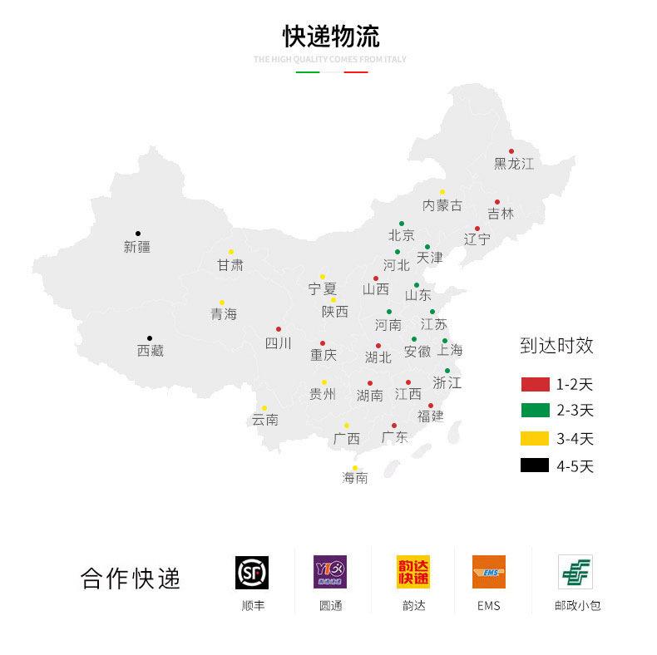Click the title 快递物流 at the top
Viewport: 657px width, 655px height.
pos(330,37)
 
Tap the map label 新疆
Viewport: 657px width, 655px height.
pos(137,247)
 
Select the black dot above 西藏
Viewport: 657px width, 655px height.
pos(150,338)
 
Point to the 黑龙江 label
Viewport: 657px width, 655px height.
pos(514,164)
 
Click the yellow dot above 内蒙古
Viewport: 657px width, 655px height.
pos(442,192)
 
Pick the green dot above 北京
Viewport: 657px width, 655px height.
pos(401,224)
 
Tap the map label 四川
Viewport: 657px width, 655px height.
pos(278,343)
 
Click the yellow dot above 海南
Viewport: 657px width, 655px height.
pos(354,467)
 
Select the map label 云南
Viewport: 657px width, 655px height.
pos(265,420)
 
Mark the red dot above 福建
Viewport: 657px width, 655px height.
pos(431,406)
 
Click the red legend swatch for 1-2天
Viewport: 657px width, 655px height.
pos(535,384)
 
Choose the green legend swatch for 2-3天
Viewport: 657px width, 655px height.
pos(535,410)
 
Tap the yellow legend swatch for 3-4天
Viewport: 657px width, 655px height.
pos(535,438)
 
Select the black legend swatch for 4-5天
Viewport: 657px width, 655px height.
pos(535,465)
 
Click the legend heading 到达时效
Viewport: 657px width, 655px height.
pos(556,347)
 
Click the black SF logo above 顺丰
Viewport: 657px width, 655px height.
pos(252,572)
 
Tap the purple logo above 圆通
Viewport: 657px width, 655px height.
pos(330,572)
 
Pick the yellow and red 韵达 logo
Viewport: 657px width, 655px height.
pos(413,572)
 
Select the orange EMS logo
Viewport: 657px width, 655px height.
pos(489,572)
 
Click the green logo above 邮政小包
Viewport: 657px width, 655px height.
pos(575,572)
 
